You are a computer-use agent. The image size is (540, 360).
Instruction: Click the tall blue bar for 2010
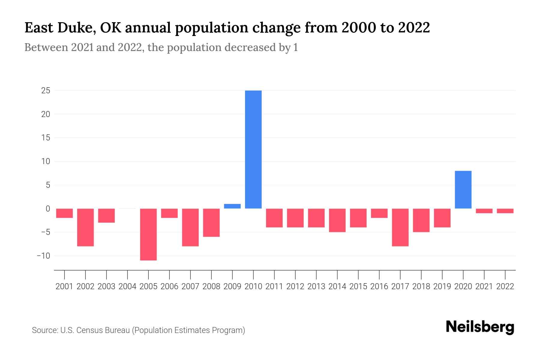(x=253, y=149)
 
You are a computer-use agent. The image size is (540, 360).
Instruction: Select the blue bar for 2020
(x=463, y=190)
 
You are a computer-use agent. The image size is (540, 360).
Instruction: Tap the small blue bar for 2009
(x=232, y=206)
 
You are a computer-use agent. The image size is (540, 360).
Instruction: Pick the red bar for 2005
(x=148, y=234)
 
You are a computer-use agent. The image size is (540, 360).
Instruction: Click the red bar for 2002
(x=85, y=227)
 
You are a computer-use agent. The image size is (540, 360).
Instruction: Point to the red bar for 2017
(x=400, y=227)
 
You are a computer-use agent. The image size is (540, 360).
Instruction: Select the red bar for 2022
(x=505, y=211)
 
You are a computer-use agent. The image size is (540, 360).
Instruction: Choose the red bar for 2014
(x=337, y=220)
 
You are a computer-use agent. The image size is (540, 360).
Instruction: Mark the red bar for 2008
(x=211, y=223)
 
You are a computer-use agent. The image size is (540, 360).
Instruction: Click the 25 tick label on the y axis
(x=46, y=91)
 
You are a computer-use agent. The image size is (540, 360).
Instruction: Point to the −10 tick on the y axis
(x=43, y=256)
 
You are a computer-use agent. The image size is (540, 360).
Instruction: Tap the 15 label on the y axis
(x=46, y=138)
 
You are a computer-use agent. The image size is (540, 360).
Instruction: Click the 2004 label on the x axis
(x=127, y=286)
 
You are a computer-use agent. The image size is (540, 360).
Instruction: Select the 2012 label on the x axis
(x=295, y=286)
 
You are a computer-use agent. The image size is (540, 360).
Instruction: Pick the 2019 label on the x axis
(x=442, y=286)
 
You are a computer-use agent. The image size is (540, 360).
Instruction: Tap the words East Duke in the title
(x=60, y=28)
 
